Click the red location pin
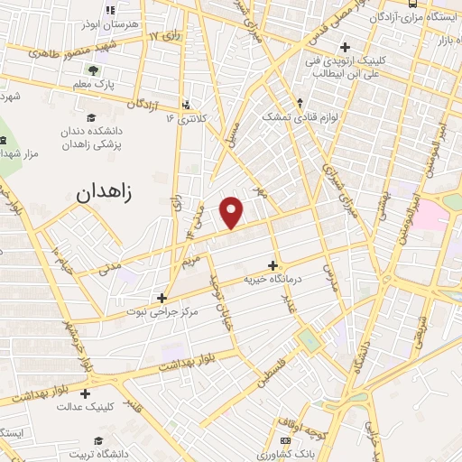click(233, 211)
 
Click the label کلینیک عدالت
click(87, 407)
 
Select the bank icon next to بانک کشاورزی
click(286, 440)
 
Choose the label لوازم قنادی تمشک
click(291, 117)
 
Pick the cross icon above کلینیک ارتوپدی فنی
click(345, 48)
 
